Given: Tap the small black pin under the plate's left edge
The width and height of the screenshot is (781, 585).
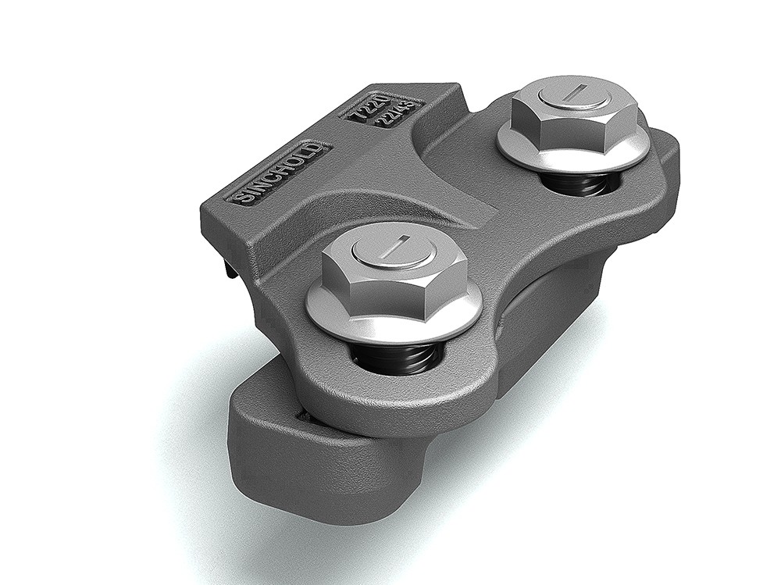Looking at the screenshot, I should [227, 269].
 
